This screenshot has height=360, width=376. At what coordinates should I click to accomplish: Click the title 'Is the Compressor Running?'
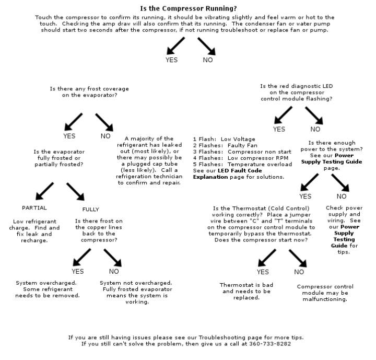188,8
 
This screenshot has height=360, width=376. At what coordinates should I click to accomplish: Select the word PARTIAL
34,208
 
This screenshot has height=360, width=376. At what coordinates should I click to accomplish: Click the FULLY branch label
90,210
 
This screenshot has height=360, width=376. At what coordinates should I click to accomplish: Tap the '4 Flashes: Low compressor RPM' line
234,158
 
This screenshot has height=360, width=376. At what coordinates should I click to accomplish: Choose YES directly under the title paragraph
171,60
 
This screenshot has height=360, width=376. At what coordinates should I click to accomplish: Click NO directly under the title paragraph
207,60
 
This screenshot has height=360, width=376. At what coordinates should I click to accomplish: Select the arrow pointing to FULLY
76,191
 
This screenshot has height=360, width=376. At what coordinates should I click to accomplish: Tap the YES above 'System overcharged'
77,271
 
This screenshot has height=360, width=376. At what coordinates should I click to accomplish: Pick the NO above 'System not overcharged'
114,271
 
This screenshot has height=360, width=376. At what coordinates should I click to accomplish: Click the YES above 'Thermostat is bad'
263,272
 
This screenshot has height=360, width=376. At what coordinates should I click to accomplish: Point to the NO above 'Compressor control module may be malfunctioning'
299,272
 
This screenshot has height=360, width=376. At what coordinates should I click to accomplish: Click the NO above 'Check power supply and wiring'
342,196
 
